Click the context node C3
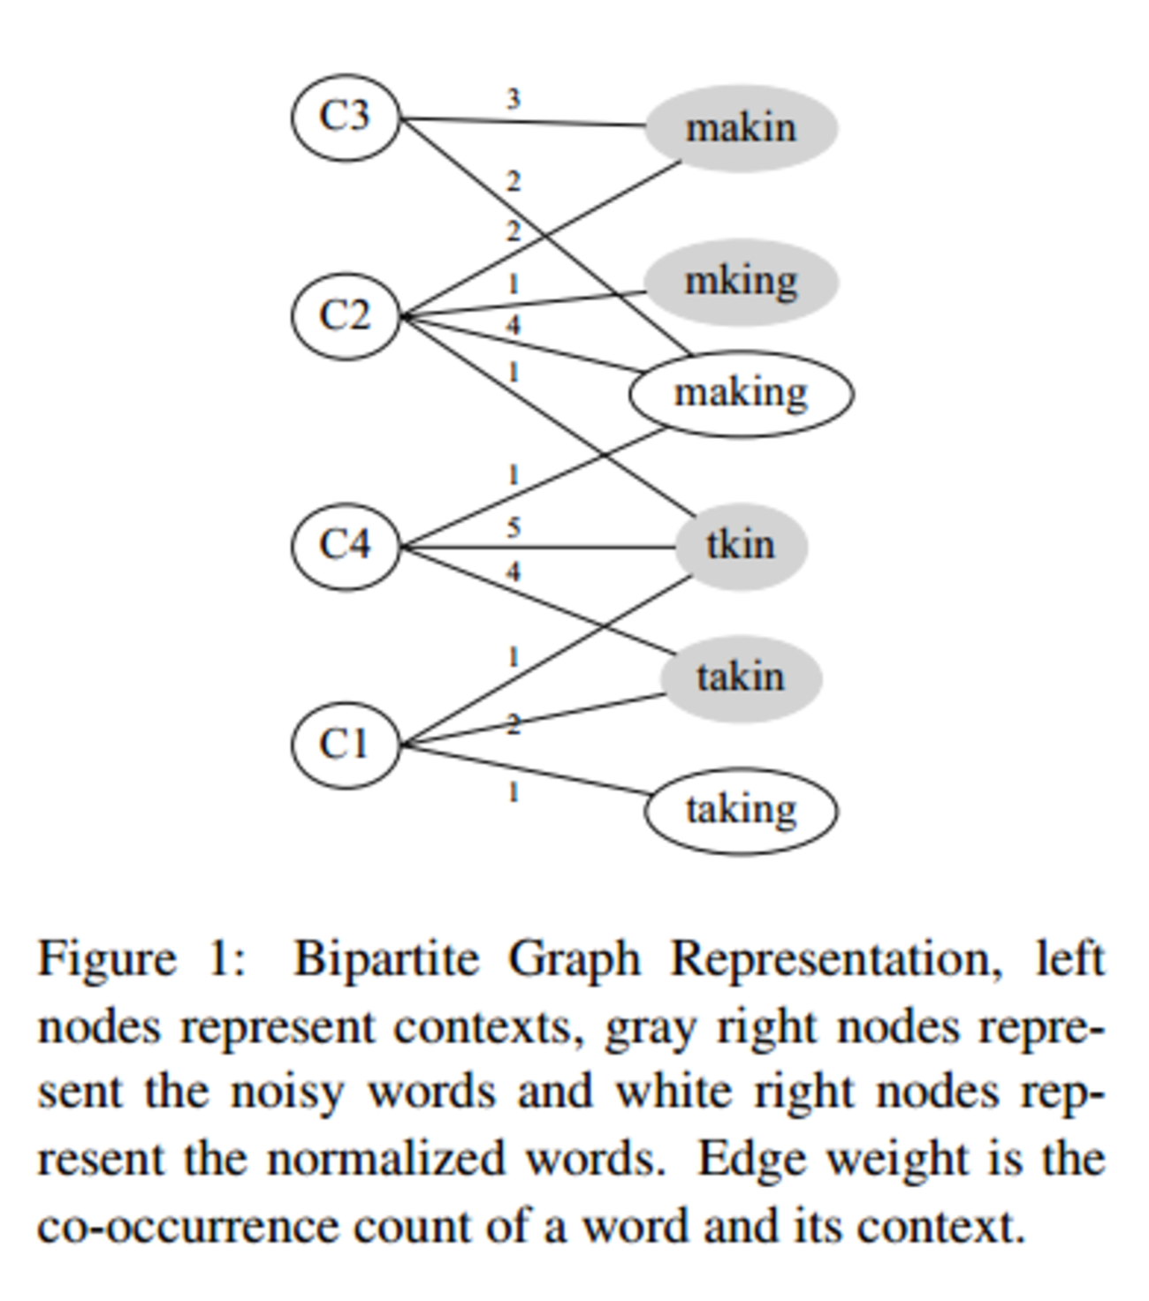[x=345, y=117]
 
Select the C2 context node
[x=345, y=316]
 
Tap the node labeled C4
[x=345, y=545]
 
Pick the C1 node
[x=345, y=745]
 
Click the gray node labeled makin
[x=741, y=128]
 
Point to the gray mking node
[x=741, y=282]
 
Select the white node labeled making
[x=741, y=394]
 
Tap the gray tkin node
[x=741, y=546]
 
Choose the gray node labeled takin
[x=741, y=678]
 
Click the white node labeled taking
[x=741, y=811]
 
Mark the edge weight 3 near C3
[x=514, y=99]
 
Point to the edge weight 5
[x=514, y=527]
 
